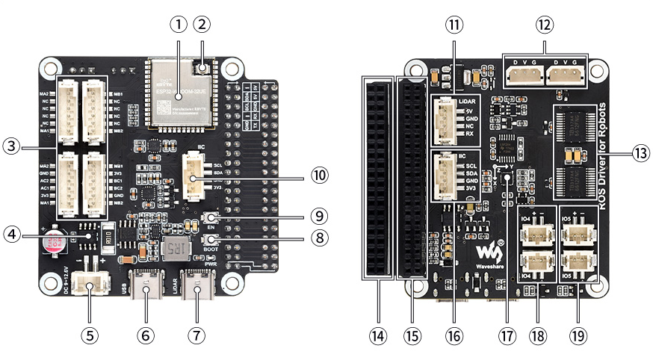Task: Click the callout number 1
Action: (x=177, y=25)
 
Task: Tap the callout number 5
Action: (x=90, y=335)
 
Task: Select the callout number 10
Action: (x=320, y=176)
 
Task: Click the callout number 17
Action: (x=508, y=335)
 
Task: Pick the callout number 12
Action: (x=545, y=25)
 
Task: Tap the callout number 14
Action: (x=378, y=335)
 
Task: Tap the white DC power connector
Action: (x=91, y=285)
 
